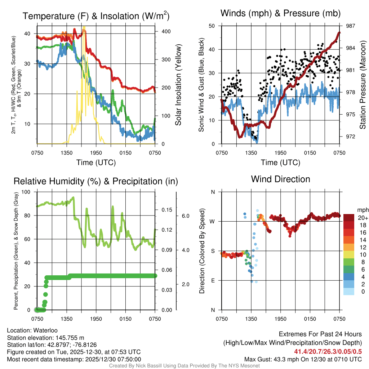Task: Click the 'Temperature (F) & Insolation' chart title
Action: coord(96,16)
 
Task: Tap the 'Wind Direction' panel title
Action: coord(280,179)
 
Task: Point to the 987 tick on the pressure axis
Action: coord(351,26)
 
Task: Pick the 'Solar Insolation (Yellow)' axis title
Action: coord(178,85)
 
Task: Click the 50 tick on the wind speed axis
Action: coord(212,26)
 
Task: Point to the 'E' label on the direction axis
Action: coord(213,280)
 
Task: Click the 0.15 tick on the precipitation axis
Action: coord(166,210)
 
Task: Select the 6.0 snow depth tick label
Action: coord(185,216)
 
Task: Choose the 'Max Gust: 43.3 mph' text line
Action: coord(303,359)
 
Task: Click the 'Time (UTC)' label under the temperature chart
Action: coord(96,163)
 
